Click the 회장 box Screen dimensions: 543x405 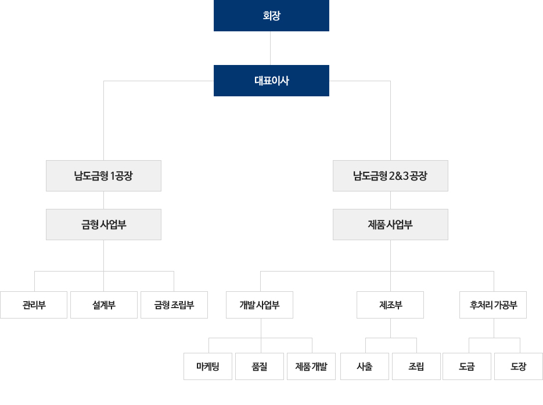pos(271,16)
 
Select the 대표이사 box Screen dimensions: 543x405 pos(271,81)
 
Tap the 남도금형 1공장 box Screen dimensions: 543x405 pos(103,176)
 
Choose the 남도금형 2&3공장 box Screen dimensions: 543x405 pos(390,176)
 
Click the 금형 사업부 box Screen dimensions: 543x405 pos(103,225)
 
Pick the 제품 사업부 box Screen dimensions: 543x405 pos(390,225)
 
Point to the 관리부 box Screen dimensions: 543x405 pos(34,305)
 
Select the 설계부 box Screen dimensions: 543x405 pos(104,305)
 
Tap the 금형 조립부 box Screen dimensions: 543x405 pos(174,305)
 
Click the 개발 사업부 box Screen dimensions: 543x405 pos(260,305)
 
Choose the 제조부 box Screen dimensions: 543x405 pos(390,305)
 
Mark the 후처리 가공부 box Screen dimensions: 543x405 pos(493,305)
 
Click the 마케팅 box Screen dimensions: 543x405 pos(208,366)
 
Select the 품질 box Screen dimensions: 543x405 pos(260,366)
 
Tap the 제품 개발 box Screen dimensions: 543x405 pos(311,366)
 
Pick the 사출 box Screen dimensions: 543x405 pos(365,366)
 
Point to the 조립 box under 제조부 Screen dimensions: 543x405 pos(416,366)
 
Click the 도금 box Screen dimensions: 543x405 pos(467,366)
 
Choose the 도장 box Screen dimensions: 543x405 pos(519,366)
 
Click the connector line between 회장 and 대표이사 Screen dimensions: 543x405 pos(271,48)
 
